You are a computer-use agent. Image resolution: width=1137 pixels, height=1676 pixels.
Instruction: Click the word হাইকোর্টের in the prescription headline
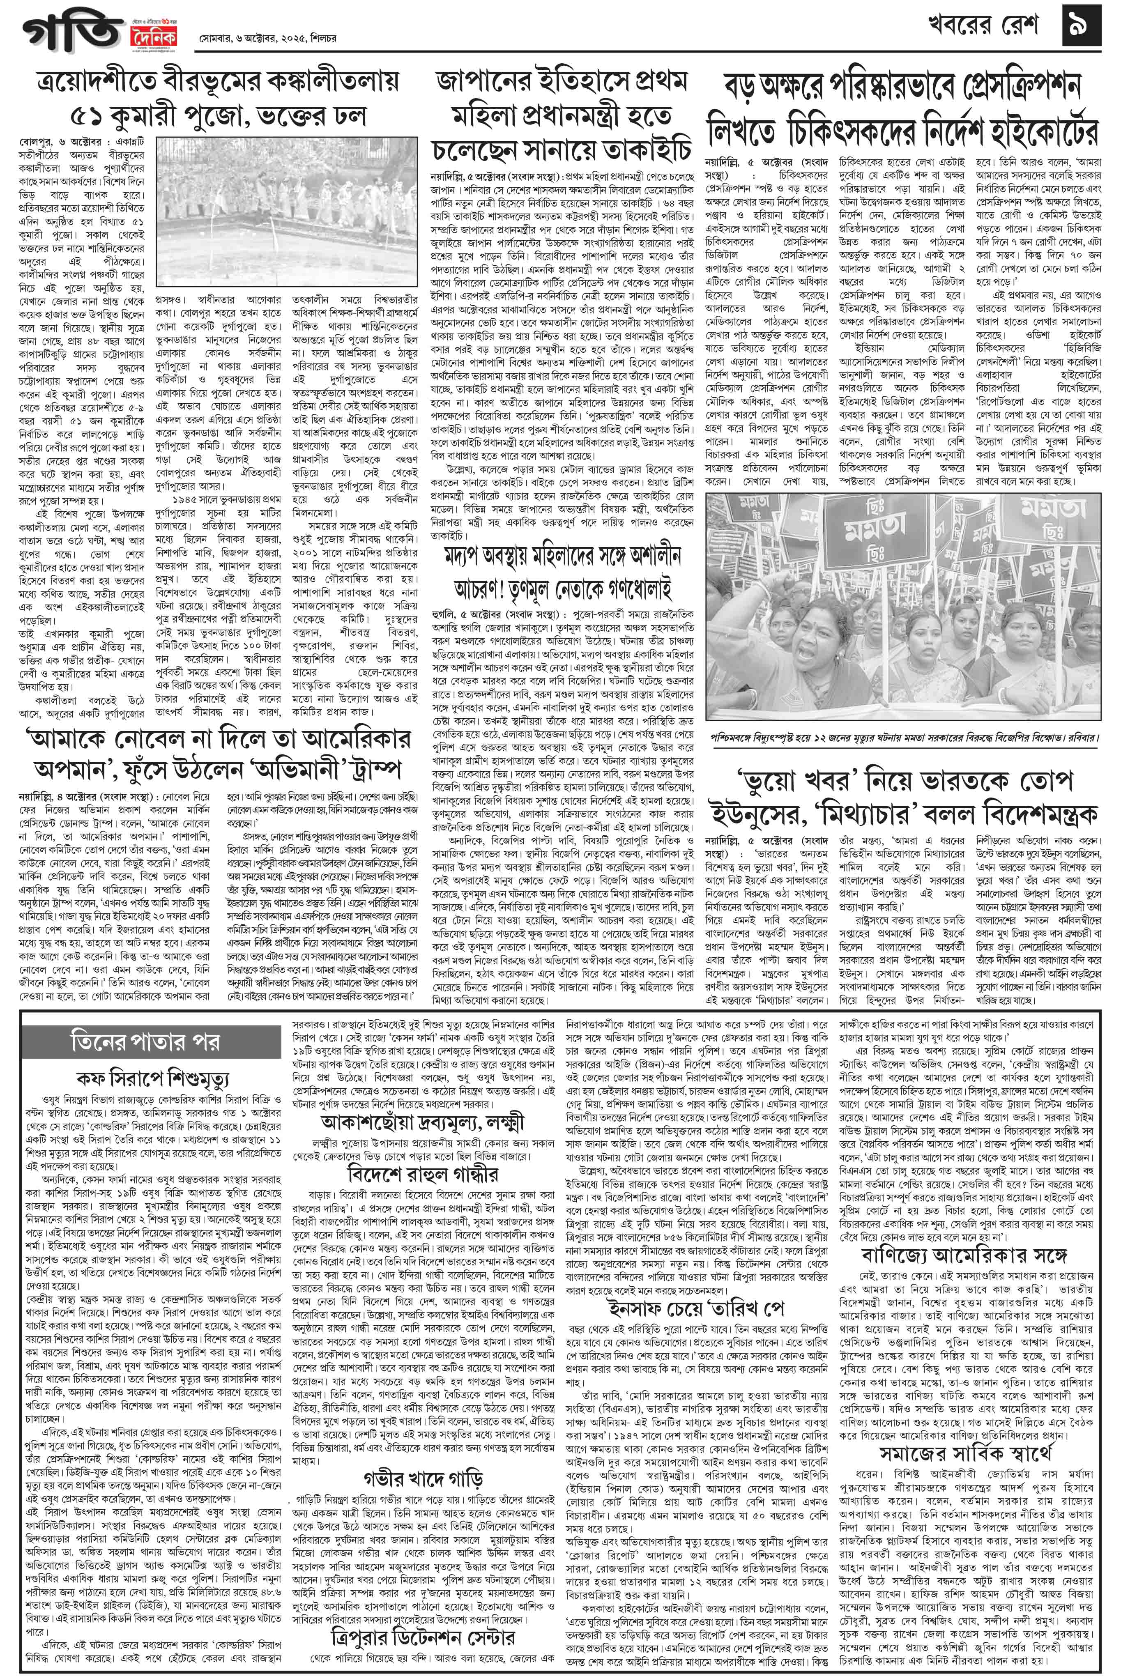pyautogui.click(x=1032, y=131)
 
